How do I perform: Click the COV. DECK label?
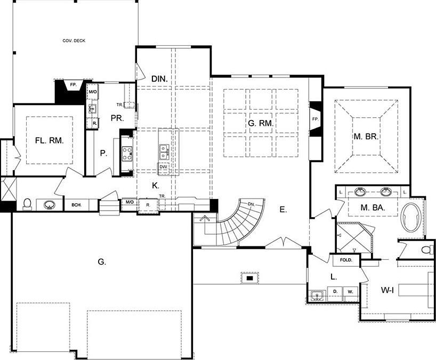[x=74, y=41]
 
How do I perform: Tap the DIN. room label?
[x=159, y=79]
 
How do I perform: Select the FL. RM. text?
[x=49, y=141]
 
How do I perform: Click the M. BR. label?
[x=366, y=137]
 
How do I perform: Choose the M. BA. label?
[x=373, y=207]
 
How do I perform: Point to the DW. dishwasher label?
[x=163, y=166]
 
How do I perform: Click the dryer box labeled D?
[x=335, y=291]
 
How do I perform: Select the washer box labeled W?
[x=350, y=292]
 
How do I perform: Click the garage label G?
[x=101, y=261]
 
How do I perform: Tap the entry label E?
[x=283, y=210]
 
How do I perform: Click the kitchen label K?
[x=156, y=186]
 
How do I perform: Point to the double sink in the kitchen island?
[x=163, y=151]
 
